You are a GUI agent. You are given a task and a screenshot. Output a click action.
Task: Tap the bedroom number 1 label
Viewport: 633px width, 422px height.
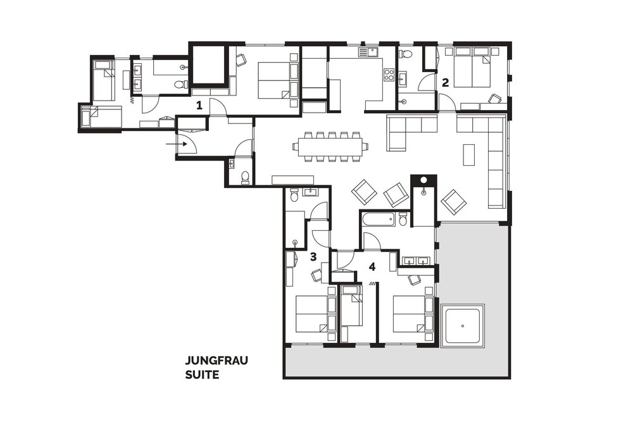tap(199, 106)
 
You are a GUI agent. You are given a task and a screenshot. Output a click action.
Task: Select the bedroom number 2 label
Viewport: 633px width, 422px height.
tap(445, 83)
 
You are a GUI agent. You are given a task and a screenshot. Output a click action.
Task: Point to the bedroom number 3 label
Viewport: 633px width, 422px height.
tap(313, 257)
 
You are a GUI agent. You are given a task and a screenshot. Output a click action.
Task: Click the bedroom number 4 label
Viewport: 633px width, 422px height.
tap(372, 266)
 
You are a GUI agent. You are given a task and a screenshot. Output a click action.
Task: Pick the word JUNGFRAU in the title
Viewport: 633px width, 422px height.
tap(216, 360)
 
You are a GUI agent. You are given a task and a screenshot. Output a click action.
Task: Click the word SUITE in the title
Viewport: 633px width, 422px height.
tap(203, 375)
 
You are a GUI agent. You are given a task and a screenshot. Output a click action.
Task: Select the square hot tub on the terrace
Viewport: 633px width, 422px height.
tap(463, 325)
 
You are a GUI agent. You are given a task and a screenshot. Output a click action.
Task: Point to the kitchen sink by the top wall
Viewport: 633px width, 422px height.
tap(367, 52)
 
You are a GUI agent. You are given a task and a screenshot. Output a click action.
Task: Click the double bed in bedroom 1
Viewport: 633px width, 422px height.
tap(275, 80)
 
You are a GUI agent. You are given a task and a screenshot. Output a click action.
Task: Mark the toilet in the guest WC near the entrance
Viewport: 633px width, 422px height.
tap(244, 178)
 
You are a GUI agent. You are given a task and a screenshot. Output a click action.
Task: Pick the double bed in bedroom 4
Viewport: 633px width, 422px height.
tap(410, 314)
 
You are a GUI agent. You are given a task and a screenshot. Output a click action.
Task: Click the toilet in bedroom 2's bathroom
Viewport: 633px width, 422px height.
tap(406, 53)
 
